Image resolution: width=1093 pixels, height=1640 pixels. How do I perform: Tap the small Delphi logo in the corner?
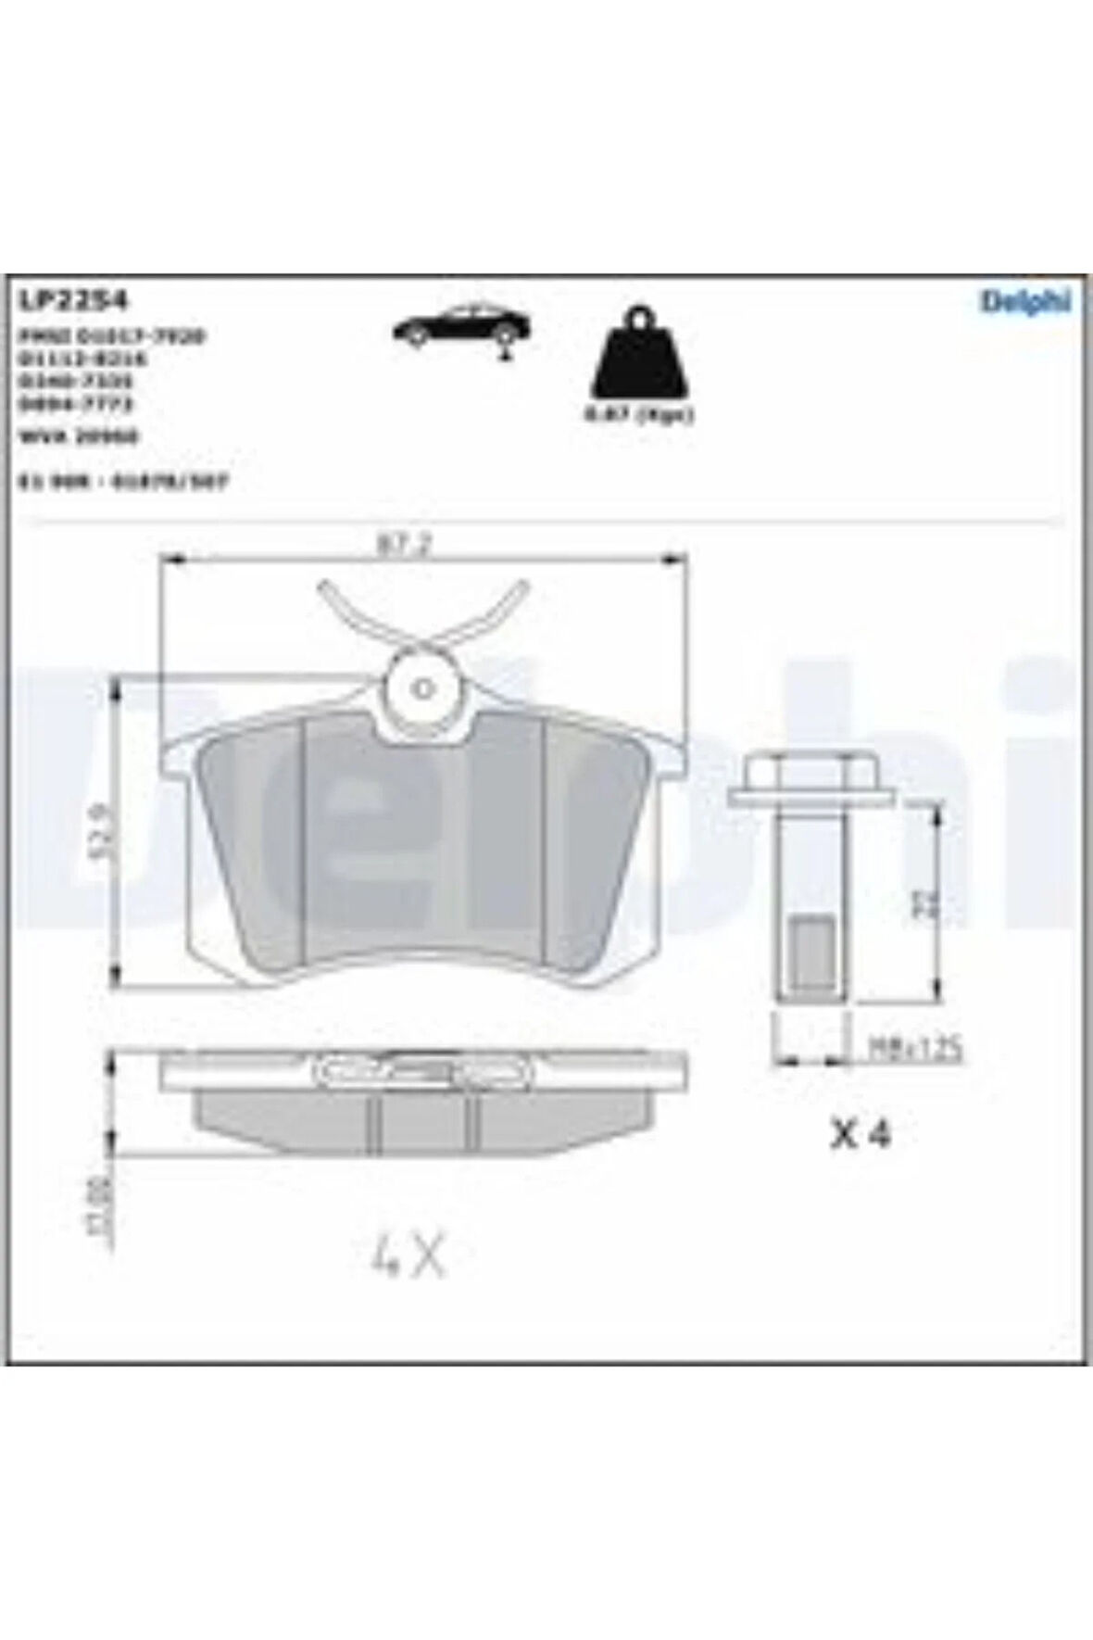click(x=1025, y=301)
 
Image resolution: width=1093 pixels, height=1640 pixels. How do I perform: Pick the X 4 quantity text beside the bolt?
click(x=860, y=1135)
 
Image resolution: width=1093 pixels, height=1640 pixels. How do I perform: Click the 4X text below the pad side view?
click(x=407, y=1257)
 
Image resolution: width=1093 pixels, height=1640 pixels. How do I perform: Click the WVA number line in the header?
click(x=78, y=437)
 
